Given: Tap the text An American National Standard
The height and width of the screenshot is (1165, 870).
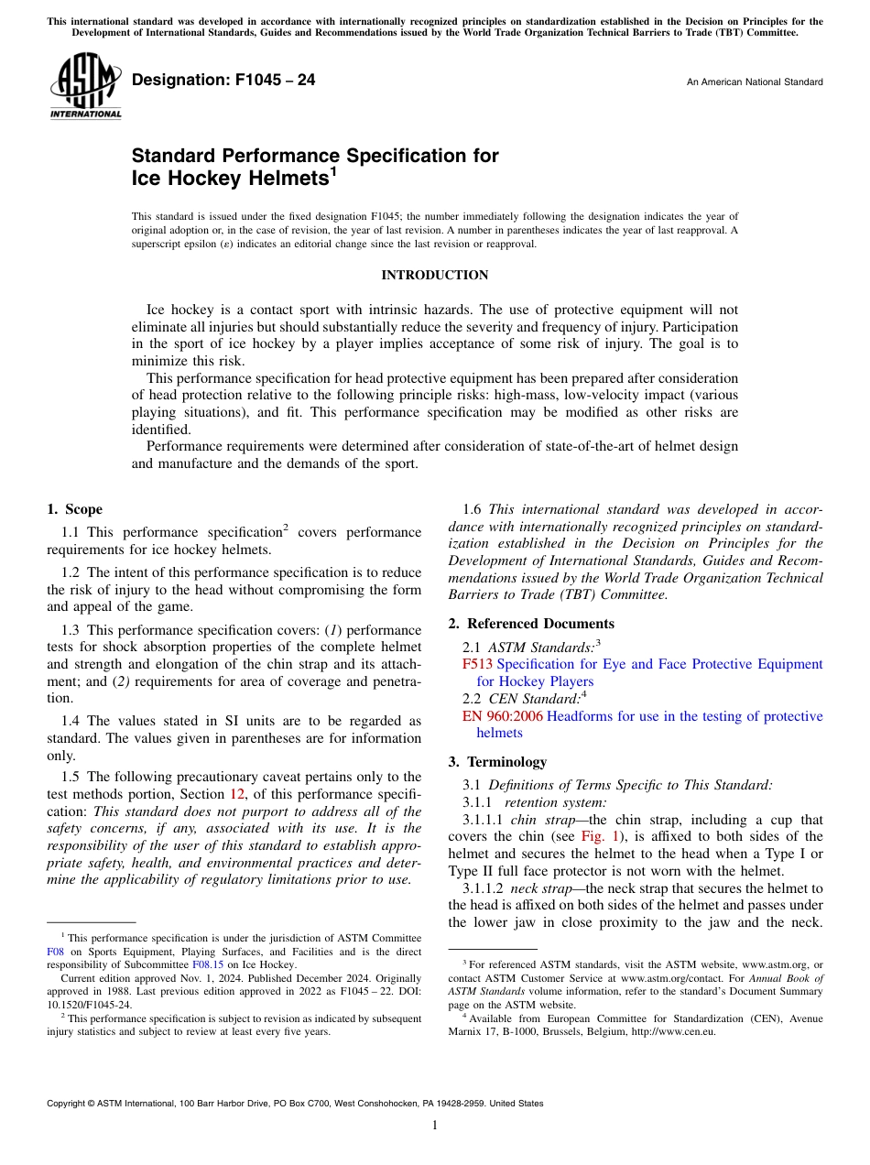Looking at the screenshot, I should coord(754,82).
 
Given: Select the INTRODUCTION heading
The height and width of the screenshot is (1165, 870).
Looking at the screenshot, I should coord(434,275).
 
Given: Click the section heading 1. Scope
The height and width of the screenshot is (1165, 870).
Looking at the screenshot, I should coord(75,509).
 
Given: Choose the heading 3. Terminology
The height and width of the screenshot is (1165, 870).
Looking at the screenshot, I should coord(497,761).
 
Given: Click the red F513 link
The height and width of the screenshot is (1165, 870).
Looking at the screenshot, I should coord(477,664).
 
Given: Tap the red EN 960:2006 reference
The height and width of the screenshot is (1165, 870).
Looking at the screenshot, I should coord(503,716).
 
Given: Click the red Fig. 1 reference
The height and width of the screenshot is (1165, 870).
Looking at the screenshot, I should coord(601,836).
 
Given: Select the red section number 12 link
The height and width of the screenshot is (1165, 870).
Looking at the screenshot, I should coord(237,794).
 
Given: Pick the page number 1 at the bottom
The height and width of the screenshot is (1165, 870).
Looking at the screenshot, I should coord(435,1126).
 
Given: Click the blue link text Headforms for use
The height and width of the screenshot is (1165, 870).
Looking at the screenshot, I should coord(604,716).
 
